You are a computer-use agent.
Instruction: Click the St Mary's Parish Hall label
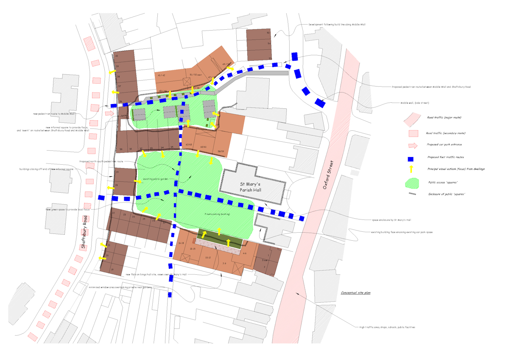point(253,187)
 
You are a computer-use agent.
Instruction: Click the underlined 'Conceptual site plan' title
point(356,293)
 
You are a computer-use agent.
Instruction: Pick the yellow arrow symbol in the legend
point(411,169)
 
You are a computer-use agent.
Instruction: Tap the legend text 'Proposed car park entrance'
point(444,144)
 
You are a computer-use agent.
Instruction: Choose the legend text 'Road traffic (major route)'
point(444,117)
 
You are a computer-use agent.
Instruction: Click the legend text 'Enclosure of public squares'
point(447,194)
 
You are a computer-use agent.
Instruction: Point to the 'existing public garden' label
point(155,179)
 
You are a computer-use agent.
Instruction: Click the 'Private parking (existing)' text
point(217,214)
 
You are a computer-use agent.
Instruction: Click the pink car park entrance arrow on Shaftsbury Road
point(109,113)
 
